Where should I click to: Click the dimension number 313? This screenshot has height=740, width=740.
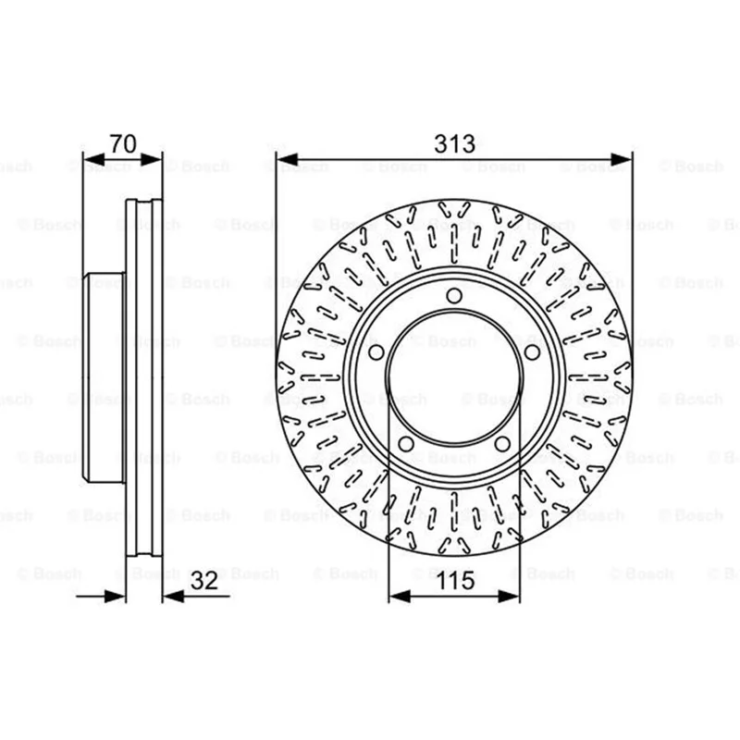coord(454,143)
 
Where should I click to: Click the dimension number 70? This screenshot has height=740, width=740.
coord(123,143)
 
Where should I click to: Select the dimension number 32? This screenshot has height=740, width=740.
coord(204,581)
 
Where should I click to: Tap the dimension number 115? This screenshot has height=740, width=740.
coord(455,581)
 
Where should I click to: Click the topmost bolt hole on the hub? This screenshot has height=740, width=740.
coord(454,296)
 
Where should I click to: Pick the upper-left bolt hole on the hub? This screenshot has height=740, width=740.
coord(376,352)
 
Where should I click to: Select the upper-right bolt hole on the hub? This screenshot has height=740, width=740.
coord(532,352)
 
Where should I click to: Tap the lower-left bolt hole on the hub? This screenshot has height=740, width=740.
coord(406,444)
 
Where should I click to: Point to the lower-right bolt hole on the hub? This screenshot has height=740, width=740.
coord(502,444)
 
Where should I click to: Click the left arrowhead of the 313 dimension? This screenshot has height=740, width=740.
coord(288,159)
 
